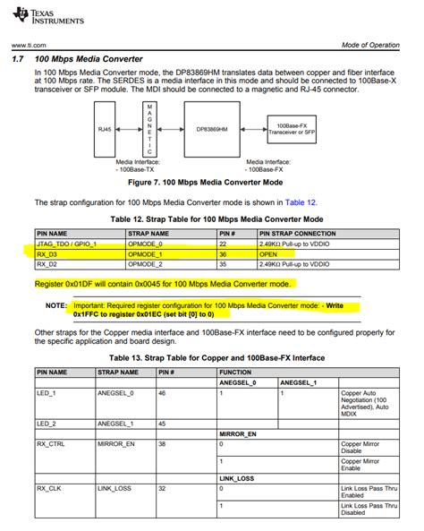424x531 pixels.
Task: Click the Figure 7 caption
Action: [211, 182]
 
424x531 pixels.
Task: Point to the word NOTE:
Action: [55, 305]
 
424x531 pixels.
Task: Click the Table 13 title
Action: [211, 358]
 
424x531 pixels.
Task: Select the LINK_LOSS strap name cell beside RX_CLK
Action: [115, 488]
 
